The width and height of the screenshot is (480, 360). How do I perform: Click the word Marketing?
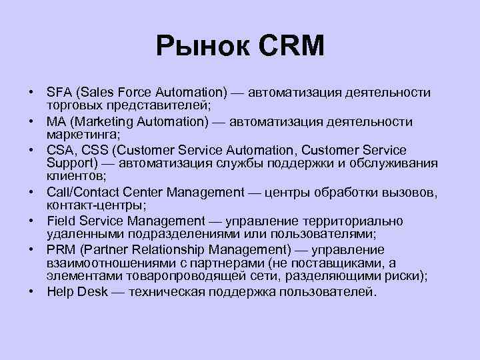104,122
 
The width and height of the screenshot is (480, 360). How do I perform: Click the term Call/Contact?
79,193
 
